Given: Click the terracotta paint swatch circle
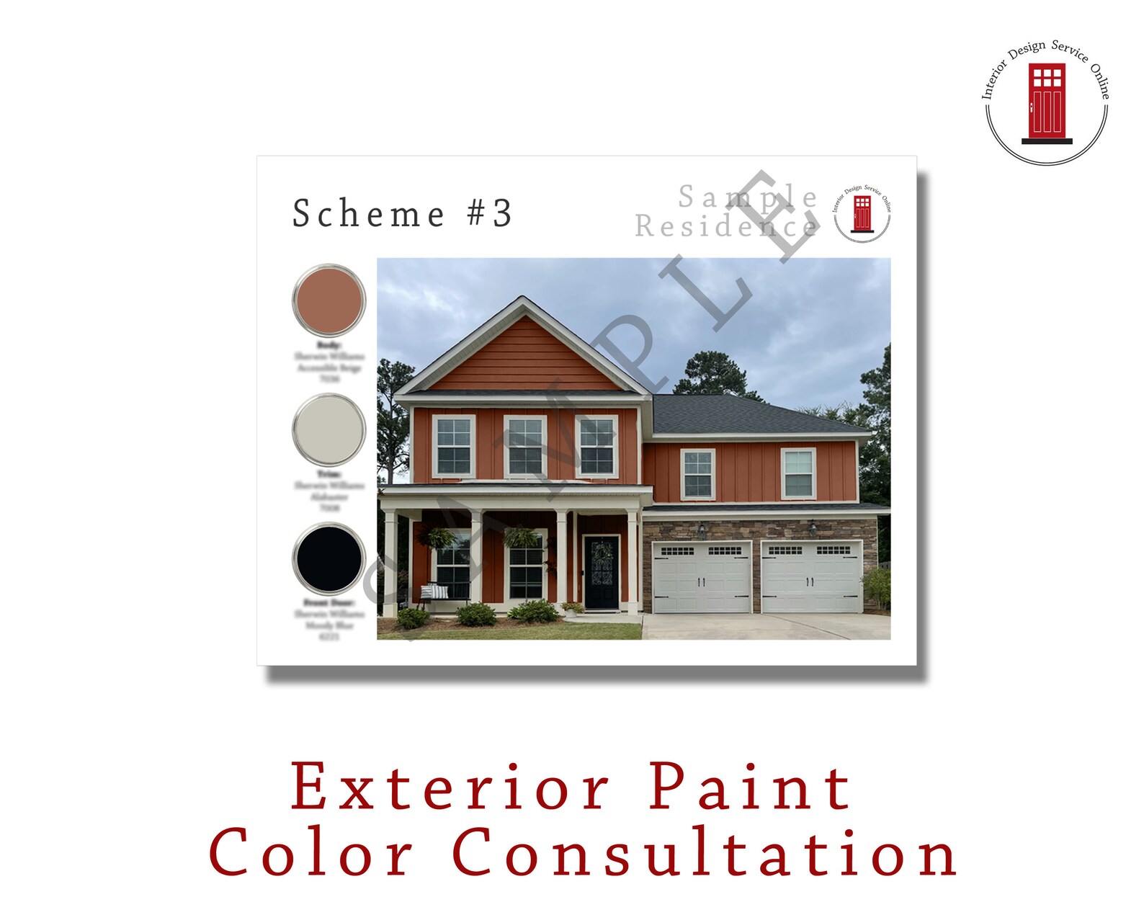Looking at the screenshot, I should click(329, 300).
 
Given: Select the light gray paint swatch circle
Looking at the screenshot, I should click(329, 430).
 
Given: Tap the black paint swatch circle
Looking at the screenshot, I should click(329, 560).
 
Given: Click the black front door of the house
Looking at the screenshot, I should click(601, 573).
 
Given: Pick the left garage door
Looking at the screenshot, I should click(702, 577).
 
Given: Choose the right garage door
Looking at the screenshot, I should click(812, 577).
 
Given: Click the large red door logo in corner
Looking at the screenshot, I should click(1047, 102).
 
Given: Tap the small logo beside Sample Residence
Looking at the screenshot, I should click(862, 213).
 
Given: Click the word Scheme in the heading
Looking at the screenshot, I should click(368, 214).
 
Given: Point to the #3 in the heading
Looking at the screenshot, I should click(490, 214).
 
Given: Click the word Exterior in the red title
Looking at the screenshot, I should click(450, 787).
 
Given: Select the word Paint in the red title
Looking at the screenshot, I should click(750, 787).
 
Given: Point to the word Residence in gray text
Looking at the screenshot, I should click(725, 226).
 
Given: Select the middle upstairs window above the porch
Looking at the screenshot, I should click(525, 447).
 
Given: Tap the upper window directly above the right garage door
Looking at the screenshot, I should click(798, 473).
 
